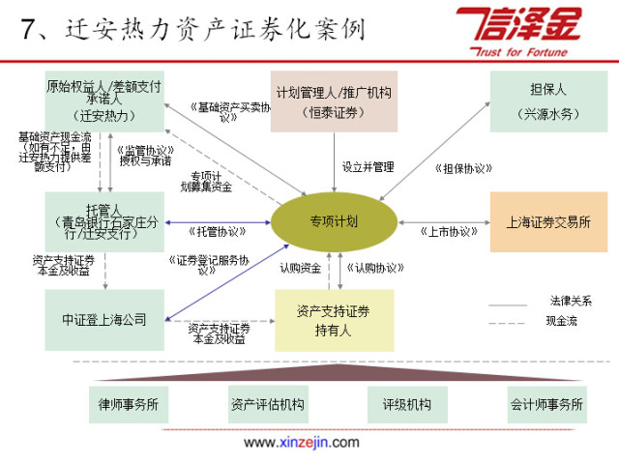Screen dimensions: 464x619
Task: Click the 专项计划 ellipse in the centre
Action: point(334,221)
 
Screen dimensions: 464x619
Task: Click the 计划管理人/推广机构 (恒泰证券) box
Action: point(333,101)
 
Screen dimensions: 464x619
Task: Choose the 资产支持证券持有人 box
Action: point(334,319)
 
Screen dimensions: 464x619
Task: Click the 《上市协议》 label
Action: point(450,232)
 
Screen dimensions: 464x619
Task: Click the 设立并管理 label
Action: point(368,166)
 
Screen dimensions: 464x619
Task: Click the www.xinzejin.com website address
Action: point(301,443)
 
